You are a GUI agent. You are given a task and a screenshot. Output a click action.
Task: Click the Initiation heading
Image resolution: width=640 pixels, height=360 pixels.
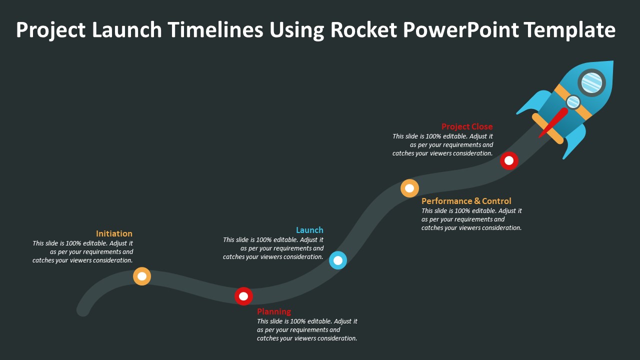coord(114,233)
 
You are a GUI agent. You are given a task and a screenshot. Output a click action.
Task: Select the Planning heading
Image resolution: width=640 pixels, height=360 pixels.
coord(274,311)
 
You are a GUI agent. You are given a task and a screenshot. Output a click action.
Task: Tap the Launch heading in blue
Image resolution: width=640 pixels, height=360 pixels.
coord(309,230)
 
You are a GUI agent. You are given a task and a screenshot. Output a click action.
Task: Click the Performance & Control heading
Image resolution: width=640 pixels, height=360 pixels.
coord(466,201)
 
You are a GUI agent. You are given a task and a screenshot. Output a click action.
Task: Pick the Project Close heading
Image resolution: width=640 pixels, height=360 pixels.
coord(467,126)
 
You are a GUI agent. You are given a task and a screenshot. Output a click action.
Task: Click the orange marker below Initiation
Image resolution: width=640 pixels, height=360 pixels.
coord(142,276)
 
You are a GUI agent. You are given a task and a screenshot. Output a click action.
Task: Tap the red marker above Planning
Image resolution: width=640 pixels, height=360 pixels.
coord(243,296)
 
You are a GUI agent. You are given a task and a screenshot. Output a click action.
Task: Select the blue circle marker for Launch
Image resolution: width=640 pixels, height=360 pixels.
coord(338,260)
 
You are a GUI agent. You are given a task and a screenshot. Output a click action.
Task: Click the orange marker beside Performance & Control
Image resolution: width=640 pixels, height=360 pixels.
coord(409,188)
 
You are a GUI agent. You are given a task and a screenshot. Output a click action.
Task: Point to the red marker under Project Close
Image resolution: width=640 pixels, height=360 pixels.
coord(509,160)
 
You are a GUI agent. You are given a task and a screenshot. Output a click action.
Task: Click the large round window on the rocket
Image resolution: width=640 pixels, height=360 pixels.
coord(592,82)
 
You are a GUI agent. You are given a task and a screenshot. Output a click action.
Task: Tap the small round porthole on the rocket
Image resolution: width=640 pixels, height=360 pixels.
coord(573,102)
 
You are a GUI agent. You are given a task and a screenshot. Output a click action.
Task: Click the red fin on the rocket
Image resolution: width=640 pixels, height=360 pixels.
coord(554,122)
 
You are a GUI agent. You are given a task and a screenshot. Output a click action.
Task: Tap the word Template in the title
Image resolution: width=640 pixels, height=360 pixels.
coord(569,30)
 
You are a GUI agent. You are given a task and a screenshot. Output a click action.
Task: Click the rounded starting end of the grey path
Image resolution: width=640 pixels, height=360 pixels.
coord(83,309)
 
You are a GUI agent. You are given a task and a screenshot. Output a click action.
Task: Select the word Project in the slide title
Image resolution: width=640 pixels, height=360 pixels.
coord(51,30)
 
